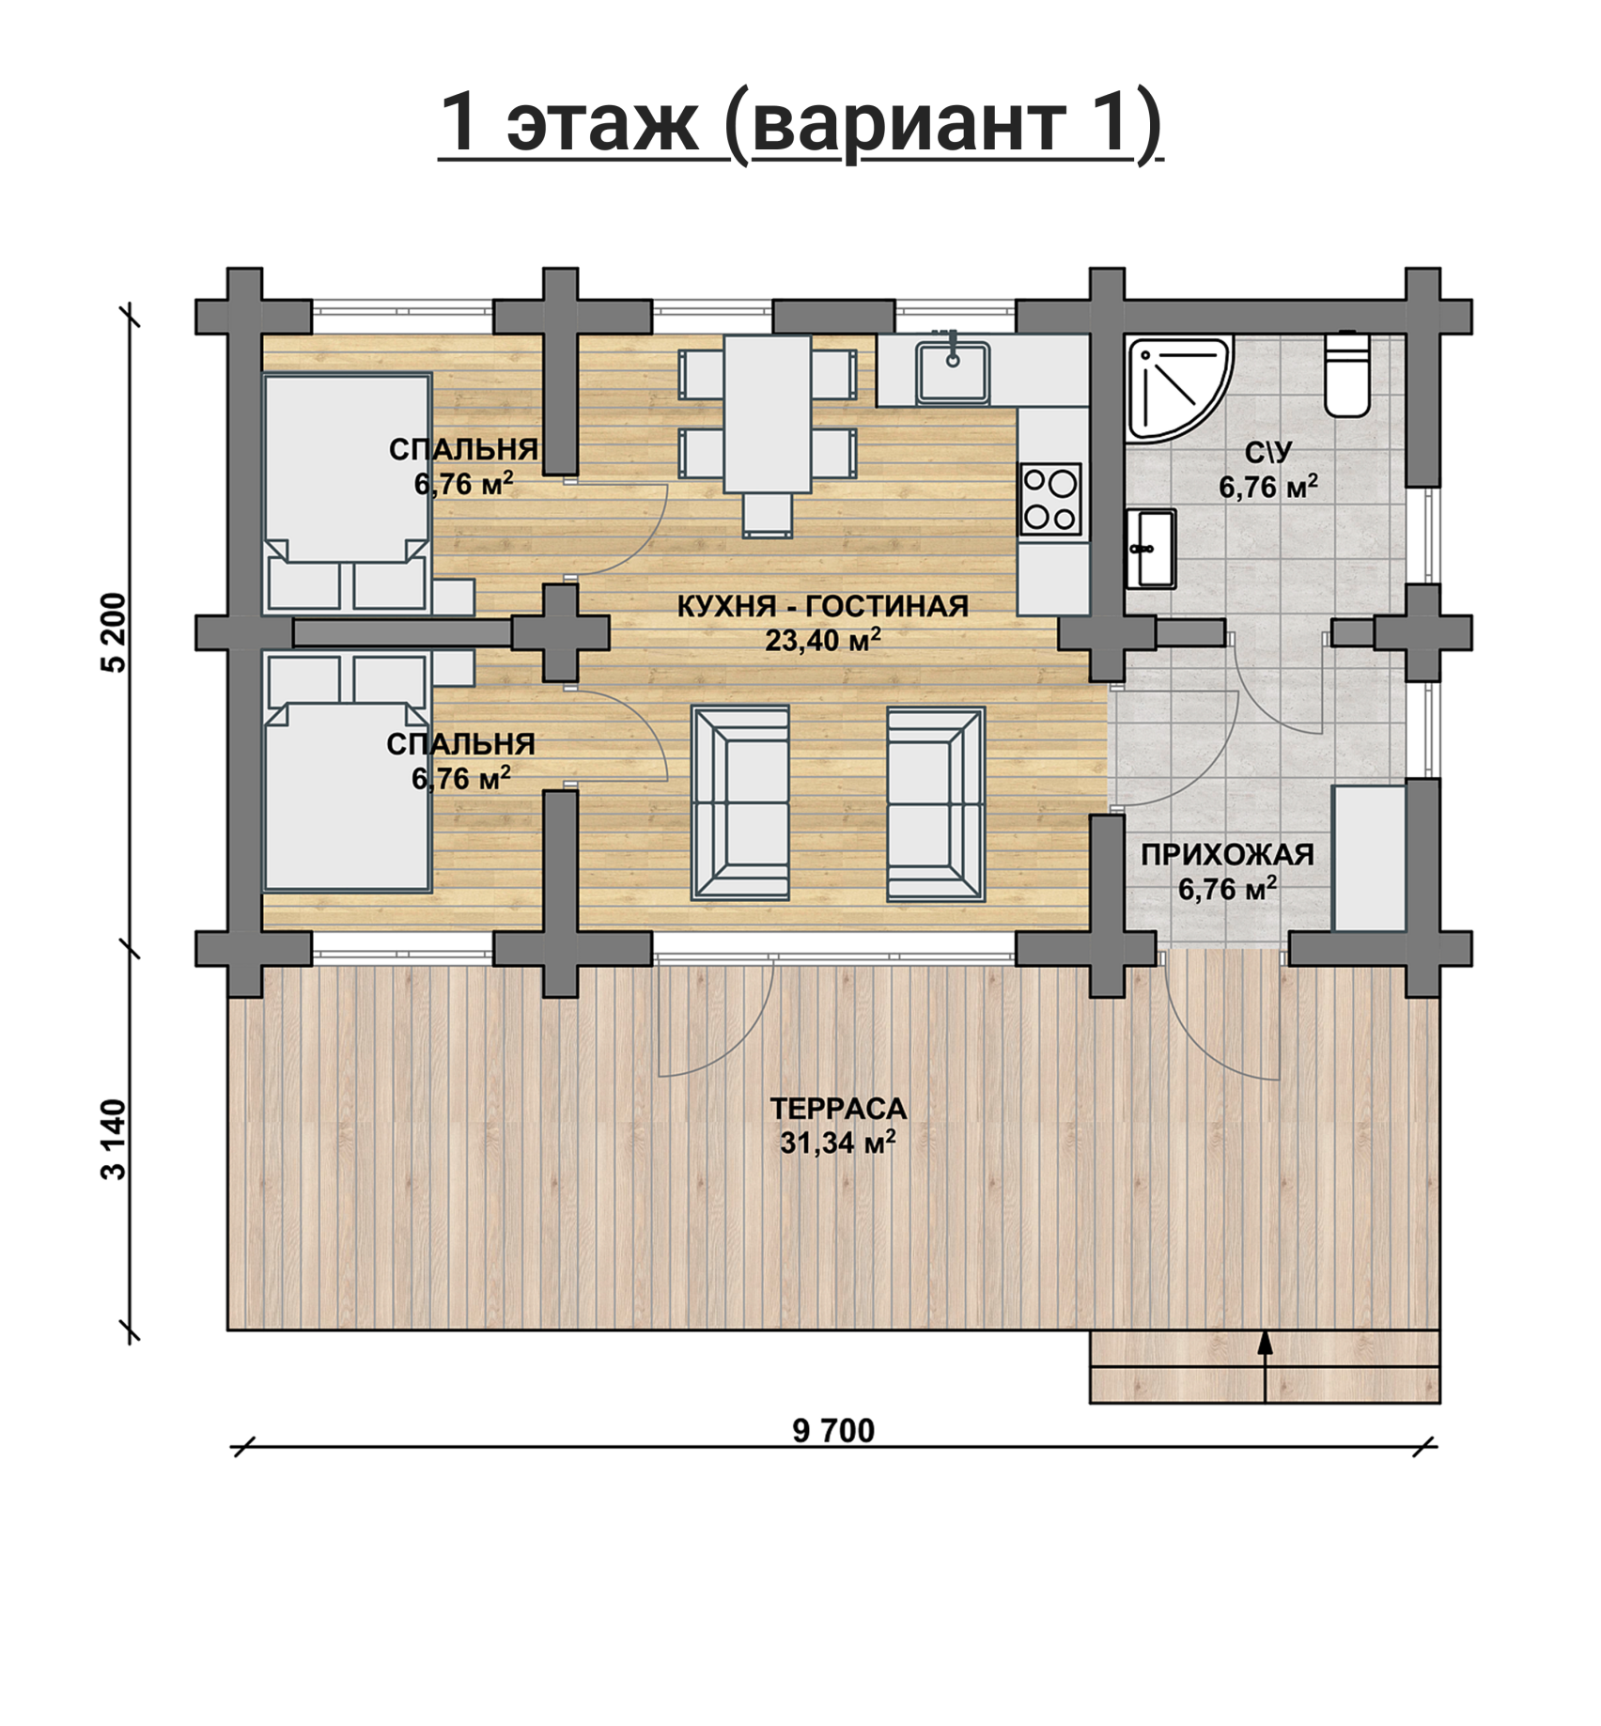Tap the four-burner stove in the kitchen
[1051, 499]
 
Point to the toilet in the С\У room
[1346, 374]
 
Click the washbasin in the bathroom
[1151, 549]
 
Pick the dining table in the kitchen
[768, 414]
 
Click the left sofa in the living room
[740, 804]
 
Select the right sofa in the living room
[936, 804]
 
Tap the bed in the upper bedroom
[347, 493]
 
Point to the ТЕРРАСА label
[838, 1109]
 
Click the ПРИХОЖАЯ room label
[1227, 854]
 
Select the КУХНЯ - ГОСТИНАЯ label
[822, 606]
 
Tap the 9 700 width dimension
[833, 1431]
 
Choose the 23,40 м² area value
[822, 640]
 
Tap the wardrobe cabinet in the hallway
[1369, 858]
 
